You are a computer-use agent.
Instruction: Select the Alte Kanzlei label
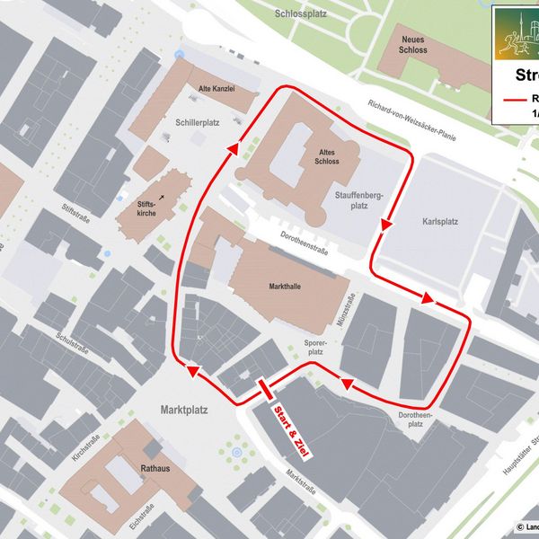click(x=216, y=89)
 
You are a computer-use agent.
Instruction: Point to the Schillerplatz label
click(x=199, y=121)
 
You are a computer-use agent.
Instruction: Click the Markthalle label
click(x=285, y=287)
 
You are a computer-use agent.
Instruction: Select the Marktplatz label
click(x=183, y=410)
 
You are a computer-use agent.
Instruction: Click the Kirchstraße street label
click(x=86, y=446)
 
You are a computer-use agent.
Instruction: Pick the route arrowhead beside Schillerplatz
click(x=234, y=149)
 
